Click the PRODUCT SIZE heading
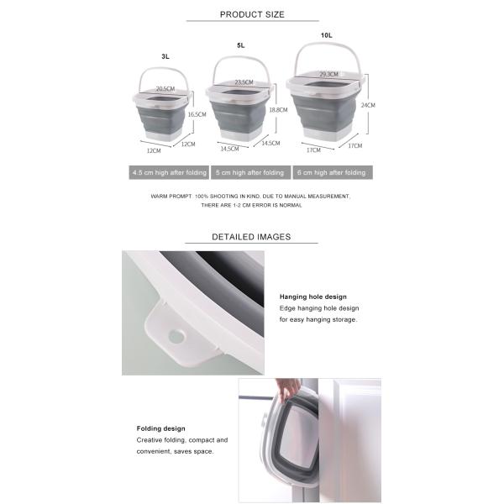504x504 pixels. (252, 14)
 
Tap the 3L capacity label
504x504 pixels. (165, 56)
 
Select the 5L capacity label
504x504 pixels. (241, 45)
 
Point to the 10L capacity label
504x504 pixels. (326, 35)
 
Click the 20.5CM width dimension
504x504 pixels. (165, 89)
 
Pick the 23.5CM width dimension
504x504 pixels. (244, 82)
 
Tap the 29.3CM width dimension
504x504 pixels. (328, 74)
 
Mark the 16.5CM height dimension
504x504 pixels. (197, 114)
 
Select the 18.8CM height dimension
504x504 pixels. (278, 110)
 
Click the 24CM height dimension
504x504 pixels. (368, 105)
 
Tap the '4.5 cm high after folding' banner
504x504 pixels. (169, 172)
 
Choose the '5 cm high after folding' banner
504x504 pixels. (250, 172)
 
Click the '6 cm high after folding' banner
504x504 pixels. (333, 172)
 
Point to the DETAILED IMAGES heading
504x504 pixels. (251, 237)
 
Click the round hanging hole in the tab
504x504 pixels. (176, 337)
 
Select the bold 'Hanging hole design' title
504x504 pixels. (313, 297)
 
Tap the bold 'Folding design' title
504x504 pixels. (160, 428)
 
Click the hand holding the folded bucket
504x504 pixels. (289, 389)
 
